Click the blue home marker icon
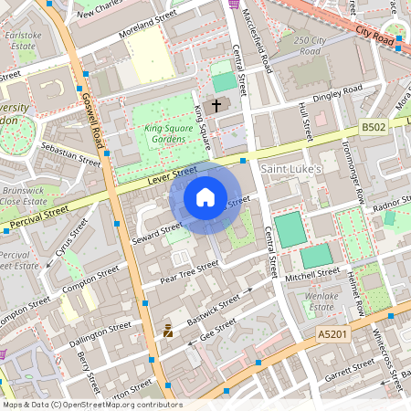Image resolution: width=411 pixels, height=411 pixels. click(x=205, y=196)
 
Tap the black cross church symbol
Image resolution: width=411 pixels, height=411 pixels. click(x=216, y=105)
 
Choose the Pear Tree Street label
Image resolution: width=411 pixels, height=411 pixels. click(x=189, y=271)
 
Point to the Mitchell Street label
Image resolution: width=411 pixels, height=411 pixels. click(x=311, y=275)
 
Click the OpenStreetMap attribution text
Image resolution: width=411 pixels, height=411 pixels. click(x=91, y=405)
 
